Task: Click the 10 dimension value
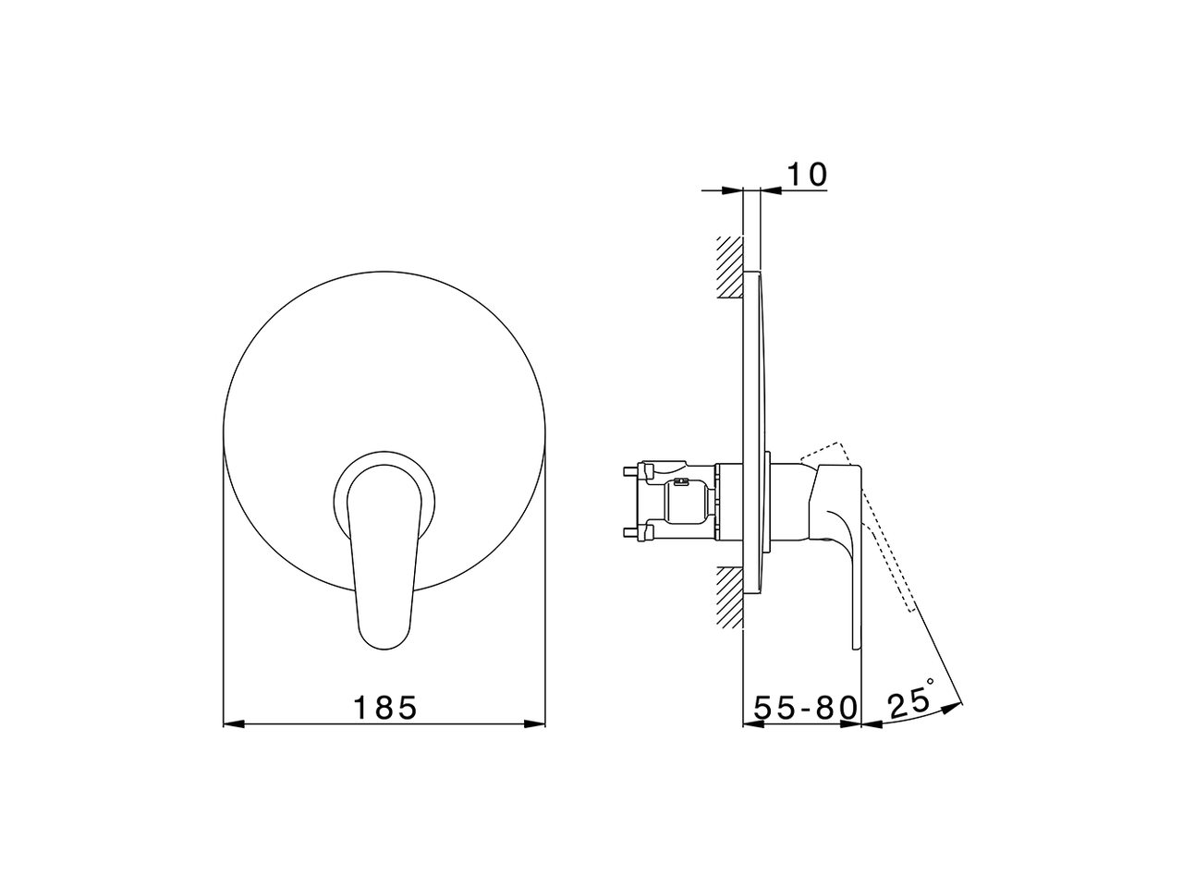tap(807, 175)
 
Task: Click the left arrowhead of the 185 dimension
tap(234, 723)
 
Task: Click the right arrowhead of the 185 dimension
tap(534, 723)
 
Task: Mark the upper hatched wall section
tap(729, 267)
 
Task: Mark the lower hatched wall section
tap(729, 597)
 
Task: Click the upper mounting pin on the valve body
tap(630, 470)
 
